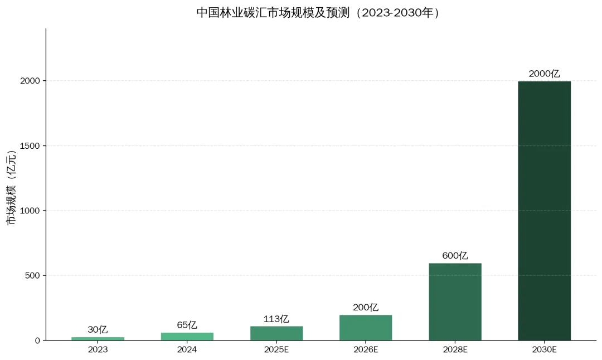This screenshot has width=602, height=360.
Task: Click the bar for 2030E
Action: point(544,211)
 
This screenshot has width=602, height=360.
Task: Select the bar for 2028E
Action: point(455,301)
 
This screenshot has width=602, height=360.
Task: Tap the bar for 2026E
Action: point(366,328)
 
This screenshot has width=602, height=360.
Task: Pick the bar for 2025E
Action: point(276,333)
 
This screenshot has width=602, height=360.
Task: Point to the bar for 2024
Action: point(187,336)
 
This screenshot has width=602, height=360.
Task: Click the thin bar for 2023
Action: point(98,338)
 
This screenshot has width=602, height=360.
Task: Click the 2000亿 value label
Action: point(544,74)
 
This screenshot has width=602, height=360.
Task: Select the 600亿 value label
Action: point(455,256)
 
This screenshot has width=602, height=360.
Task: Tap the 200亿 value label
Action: point(366,308)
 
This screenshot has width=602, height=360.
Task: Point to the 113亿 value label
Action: point(276,319)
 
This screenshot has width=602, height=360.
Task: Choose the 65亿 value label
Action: point(187,325)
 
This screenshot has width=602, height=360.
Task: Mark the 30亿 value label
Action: point(98,330)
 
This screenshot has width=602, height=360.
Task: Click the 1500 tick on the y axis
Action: point(30,146)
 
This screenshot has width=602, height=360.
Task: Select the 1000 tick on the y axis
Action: point(30,211)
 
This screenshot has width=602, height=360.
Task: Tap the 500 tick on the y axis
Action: point(32,275)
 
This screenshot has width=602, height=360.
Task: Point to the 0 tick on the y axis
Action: point(37,340)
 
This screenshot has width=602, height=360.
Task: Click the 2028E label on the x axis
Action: point(455,349)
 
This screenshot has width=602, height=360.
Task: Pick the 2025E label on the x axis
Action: point(276,349)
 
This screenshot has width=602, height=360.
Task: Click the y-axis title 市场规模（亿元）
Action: point(12,188)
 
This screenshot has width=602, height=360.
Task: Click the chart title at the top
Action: point(318,13)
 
